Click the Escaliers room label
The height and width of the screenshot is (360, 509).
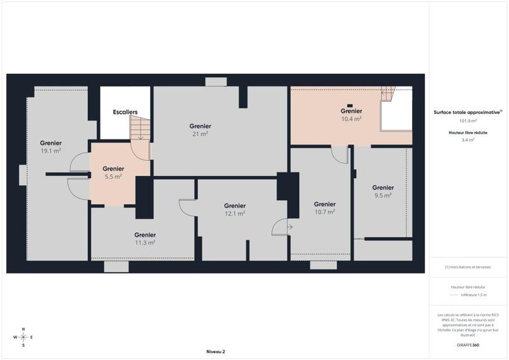point(125,112)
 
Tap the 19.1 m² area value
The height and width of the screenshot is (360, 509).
point(51,151)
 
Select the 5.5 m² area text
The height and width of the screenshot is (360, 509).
point(113,177)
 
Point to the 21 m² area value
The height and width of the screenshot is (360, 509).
point(200,134)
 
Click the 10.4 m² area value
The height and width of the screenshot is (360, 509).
point(351,119)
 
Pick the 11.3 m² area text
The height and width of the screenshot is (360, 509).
point(145,242)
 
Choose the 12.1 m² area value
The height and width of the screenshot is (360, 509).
point(235,214)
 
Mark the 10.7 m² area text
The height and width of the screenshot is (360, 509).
point(324,212)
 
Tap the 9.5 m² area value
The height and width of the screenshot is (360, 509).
point(383,196)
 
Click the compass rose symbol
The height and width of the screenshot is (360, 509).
point(24,337)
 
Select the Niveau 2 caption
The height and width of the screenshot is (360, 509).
point(216,351)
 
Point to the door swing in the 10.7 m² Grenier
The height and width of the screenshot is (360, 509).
point(340,154)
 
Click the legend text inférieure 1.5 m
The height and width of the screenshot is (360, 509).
point(474,295)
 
